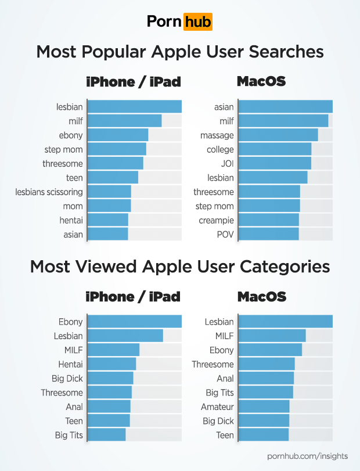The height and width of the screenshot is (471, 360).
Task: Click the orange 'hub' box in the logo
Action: coord(197,22)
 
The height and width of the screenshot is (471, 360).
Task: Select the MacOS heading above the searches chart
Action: coord(261,81)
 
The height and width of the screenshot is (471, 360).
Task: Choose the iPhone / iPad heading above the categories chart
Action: coord(133,297)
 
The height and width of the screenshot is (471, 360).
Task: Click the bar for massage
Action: coord(278,135)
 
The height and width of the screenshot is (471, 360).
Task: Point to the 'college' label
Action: coord(220,150)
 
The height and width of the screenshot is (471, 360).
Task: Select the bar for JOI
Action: coord(275,164)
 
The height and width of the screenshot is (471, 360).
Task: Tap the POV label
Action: coord(225,235)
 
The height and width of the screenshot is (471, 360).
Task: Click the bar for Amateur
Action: coord(264,407)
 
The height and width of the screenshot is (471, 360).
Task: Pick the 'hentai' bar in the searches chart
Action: coord(109,220)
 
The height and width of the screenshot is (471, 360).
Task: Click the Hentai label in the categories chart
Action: coord(70,364)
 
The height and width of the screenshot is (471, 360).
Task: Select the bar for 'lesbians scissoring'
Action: coord(110,192)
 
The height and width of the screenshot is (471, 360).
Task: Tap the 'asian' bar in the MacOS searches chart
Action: coord(285,107)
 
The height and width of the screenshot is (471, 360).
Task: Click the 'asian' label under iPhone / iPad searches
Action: coord(73,235)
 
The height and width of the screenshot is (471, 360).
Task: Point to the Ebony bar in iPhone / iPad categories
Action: coord(135,322)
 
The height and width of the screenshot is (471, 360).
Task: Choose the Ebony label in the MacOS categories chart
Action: coord(222,350)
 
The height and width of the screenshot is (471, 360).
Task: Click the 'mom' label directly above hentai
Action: coord(73,206)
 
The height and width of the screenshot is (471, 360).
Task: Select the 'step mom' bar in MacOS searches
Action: coord(269,206)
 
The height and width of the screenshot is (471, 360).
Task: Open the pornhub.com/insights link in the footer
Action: coord(307,456)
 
